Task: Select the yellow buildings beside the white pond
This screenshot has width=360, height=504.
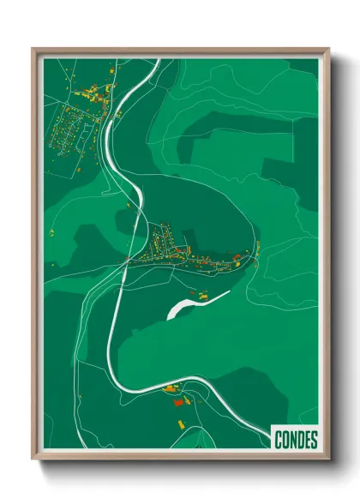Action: tap(204, 296)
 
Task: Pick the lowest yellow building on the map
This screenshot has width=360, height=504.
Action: tap(181, 423)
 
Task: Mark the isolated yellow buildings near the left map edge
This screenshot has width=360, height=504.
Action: tap(51, 231)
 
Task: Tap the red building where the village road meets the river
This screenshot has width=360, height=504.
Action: tap(129, 260)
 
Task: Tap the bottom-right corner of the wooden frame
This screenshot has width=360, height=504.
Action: tap(329, 460)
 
